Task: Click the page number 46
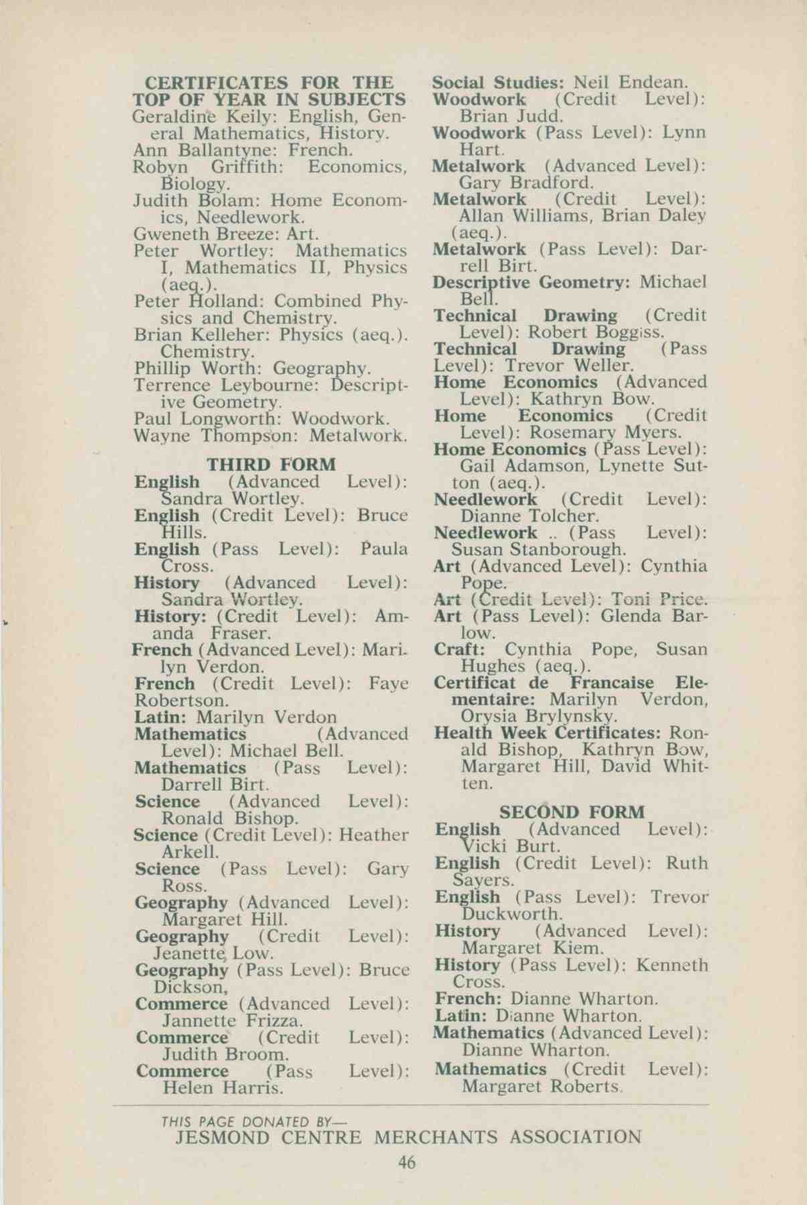[x=406, y=1163]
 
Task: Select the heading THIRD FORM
[x=271, y=465]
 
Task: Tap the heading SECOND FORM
[x=572, y=812]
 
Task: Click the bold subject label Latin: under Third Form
[x=163, y=717]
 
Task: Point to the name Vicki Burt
[x=511, y=846]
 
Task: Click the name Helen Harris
[x=223, y=1088]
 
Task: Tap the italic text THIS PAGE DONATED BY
[x=254, y=1122]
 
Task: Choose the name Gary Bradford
[x=526, y=182]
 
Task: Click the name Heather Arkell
[x=189, y=852]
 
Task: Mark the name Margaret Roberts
[x=541, y=1086]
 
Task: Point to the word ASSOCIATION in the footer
[x=575, y=1137]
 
